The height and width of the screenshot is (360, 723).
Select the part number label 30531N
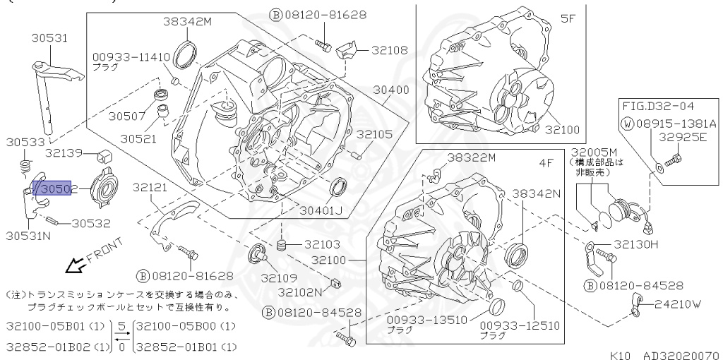28,236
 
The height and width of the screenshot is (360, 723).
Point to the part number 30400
391,90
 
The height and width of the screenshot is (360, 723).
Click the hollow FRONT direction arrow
74,266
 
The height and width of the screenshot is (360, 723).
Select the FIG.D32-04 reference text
658,107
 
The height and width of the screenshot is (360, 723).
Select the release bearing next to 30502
100,187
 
